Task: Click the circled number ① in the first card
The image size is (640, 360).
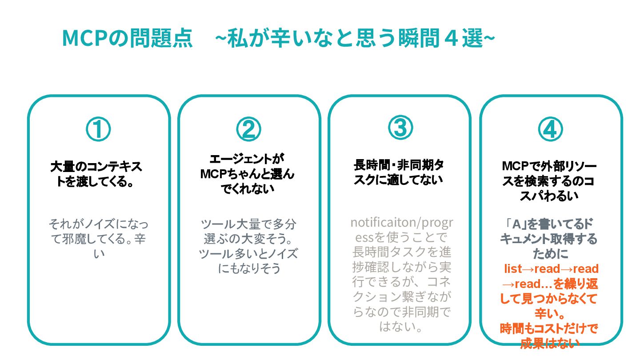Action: [98, 129]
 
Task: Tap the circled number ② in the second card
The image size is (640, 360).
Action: [248, 129]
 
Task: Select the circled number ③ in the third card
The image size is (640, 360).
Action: [400, 128]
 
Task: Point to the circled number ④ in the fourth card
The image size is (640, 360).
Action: [550, 129]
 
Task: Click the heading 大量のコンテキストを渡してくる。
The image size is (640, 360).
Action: [96, 174]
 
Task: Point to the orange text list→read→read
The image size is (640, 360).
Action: [552, 269]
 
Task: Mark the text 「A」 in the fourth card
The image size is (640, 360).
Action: [513, 224]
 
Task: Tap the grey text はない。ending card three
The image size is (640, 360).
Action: [400, 327]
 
